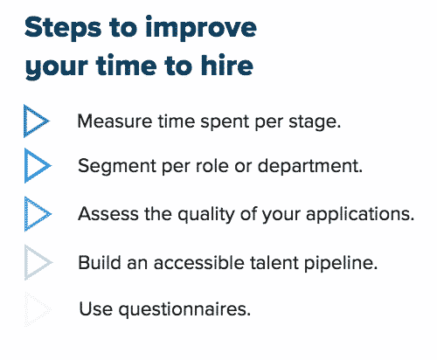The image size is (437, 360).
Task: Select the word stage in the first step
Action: pyautogui.click(x=312, y=121)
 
